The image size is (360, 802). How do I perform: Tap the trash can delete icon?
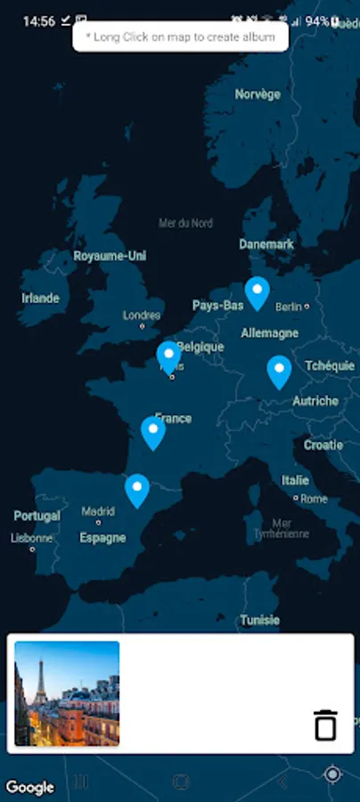coord(326,724)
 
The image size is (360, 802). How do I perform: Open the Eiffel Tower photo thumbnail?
coord(67,693)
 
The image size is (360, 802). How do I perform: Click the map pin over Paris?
coord(168,356)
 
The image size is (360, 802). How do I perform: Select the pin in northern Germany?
coord(258,291)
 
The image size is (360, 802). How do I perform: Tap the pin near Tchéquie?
coord(279,370)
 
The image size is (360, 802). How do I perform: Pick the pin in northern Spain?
coord(136,488)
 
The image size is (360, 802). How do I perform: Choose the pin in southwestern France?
coord(153,431)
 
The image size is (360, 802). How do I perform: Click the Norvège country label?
coord(258,94)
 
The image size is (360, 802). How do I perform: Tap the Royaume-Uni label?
coord(110,256)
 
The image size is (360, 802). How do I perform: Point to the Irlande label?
coord(40,298)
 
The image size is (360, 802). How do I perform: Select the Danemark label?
coord(266,244)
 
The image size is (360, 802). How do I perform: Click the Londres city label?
coord(142,315)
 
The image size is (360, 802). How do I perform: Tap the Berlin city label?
coord(290,307)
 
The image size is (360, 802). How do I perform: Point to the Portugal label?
coord(37,516)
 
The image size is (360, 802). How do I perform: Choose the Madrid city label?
coord(98,511)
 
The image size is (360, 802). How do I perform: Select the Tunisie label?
coord(259,619)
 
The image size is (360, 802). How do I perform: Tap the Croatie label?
coord(323,445)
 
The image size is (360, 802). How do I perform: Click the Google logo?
coord(29,787)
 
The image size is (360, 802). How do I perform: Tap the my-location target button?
coord(332,774)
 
